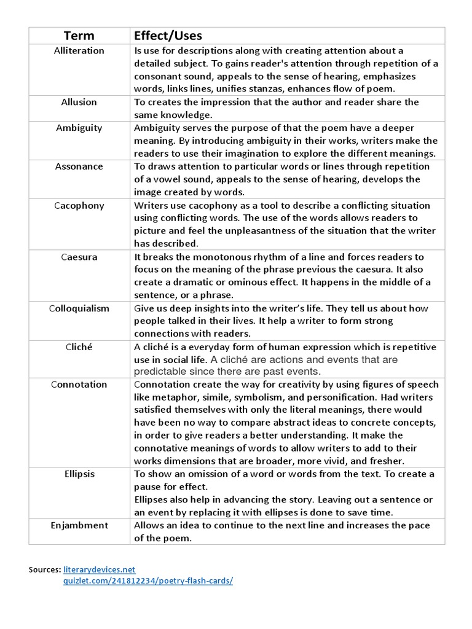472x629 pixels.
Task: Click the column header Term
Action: [79, 36]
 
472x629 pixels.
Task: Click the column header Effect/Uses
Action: [168, 36]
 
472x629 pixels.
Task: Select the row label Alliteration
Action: [79, 50]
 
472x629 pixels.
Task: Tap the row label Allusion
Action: [79, 102]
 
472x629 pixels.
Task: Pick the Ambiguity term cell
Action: [79, 128]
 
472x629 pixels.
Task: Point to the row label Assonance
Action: [79, 166]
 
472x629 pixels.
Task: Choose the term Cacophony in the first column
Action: [79, 205]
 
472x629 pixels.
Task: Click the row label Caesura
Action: [79, 257]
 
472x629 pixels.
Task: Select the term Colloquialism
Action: [79, 308]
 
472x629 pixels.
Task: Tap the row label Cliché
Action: [79, 346]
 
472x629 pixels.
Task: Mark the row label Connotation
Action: [79, 385]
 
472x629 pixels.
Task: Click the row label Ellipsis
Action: [79, 474]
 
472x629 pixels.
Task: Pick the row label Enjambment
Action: [79, 525]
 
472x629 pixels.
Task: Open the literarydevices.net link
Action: [99, 569]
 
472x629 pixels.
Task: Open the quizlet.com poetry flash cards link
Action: [148, 580]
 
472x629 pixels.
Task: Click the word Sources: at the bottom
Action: [45, 569]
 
